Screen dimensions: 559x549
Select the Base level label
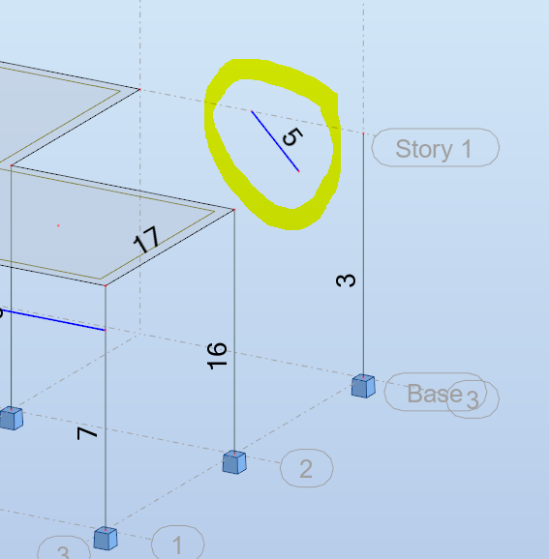click(434, 393)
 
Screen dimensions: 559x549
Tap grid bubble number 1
click(177, 543)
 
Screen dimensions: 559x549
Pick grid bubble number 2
click(306, 470)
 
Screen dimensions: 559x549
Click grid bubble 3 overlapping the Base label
click(473, 400)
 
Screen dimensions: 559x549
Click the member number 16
click(218, 356)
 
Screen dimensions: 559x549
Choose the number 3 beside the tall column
click(346, 280)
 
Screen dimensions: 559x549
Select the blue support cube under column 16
click(233, 461)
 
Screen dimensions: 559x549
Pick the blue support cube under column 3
click(363, 386)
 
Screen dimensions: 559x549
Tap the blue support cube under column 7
click(106, 538)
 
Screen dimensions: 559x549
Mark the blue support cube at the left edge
click(11, 418)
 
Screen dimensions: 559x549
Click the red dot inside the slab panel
click(58, 226)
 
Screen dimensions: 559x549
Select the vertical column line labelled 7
click(106, 474)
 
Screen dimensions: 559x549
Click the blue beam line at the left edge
click(58, 321)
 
